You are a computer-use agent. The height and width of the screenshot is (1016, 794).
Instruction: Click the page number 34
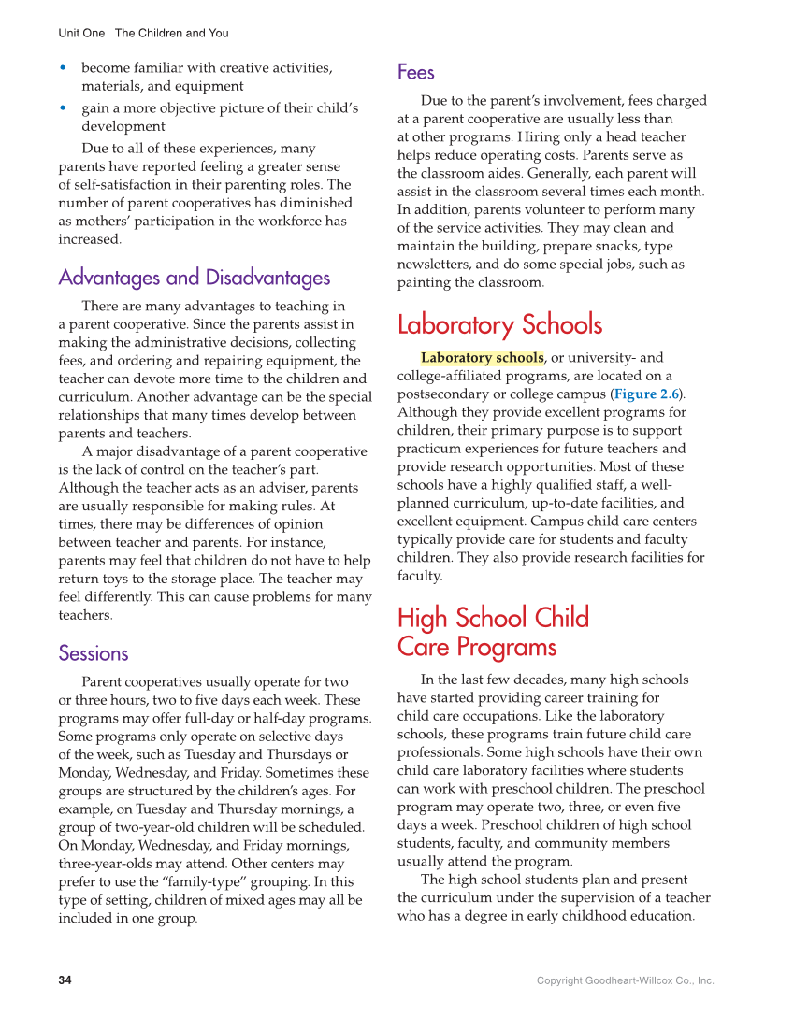[65, 980]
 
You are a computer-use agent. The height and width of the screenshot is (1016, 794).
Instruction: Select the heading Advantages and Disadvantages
[194, 278]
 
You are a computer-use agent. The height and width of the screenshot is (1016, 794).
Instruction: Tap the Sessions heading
[94, 653]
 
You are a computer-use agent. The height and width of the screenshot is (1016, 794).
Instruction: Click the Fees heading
[415, 72]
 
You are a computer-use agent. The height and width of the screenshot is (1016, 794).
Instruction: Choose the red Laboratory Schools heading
[499, 325]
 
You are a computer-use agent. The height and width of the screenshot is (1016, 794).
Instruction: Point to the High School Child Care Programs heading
[493, 632]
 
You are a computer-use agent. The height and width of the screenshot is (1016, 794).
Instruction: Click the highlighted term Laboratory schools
[482, 358]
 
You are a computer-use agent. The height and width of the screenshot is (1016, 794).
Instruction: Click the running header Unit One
[81, 33]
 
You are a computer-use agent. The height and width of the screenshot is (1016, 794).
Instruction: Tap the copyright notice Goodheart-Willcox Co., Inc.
[625, 980]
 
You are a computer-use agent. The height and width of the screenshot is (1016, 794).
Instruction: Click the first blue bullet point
[63, 68]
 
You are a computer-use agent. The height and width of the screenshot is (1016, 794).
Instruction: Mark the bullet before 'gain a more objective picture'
[63, 108]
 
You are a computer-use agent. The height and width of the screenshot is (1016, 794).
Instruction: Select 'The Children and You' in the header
[171, 33]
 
